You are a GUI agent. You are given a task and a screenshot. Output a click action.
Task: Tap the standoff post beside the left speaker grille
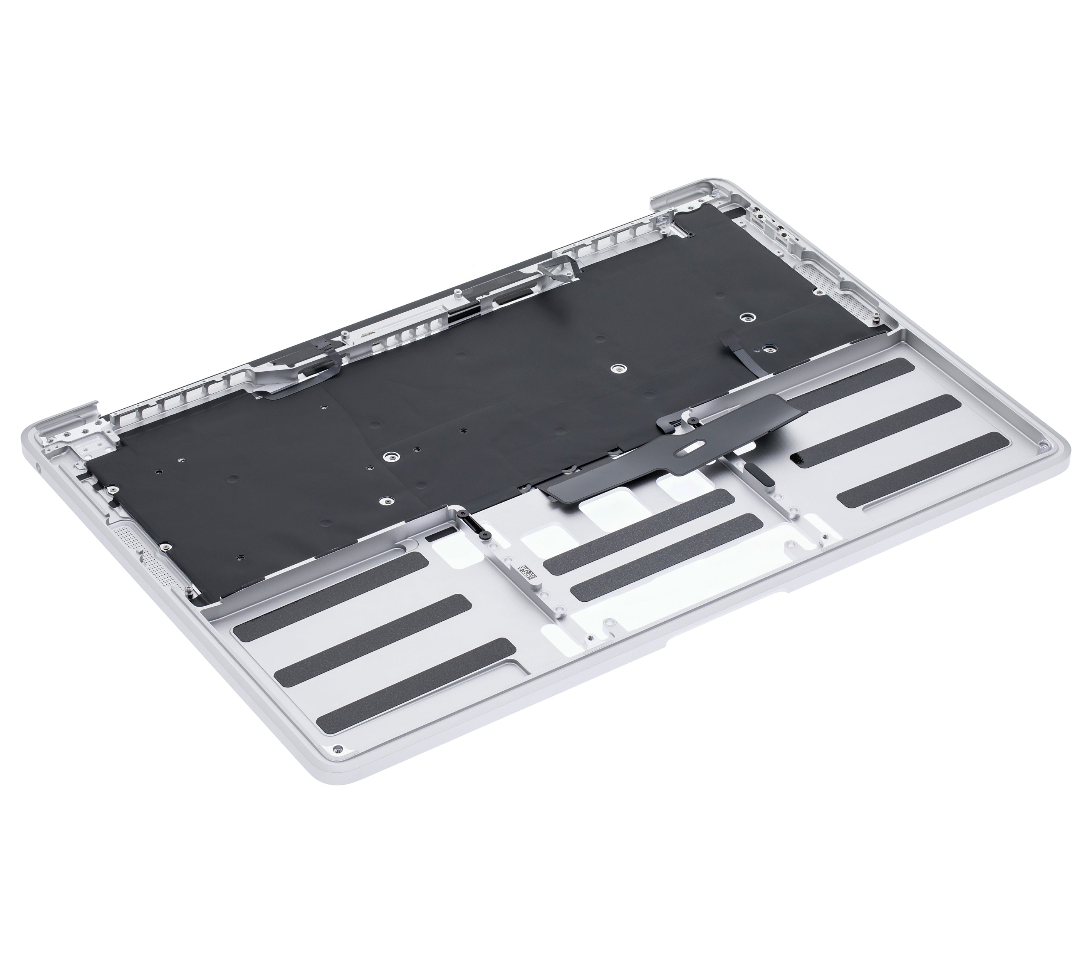[x=189, y=591]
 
